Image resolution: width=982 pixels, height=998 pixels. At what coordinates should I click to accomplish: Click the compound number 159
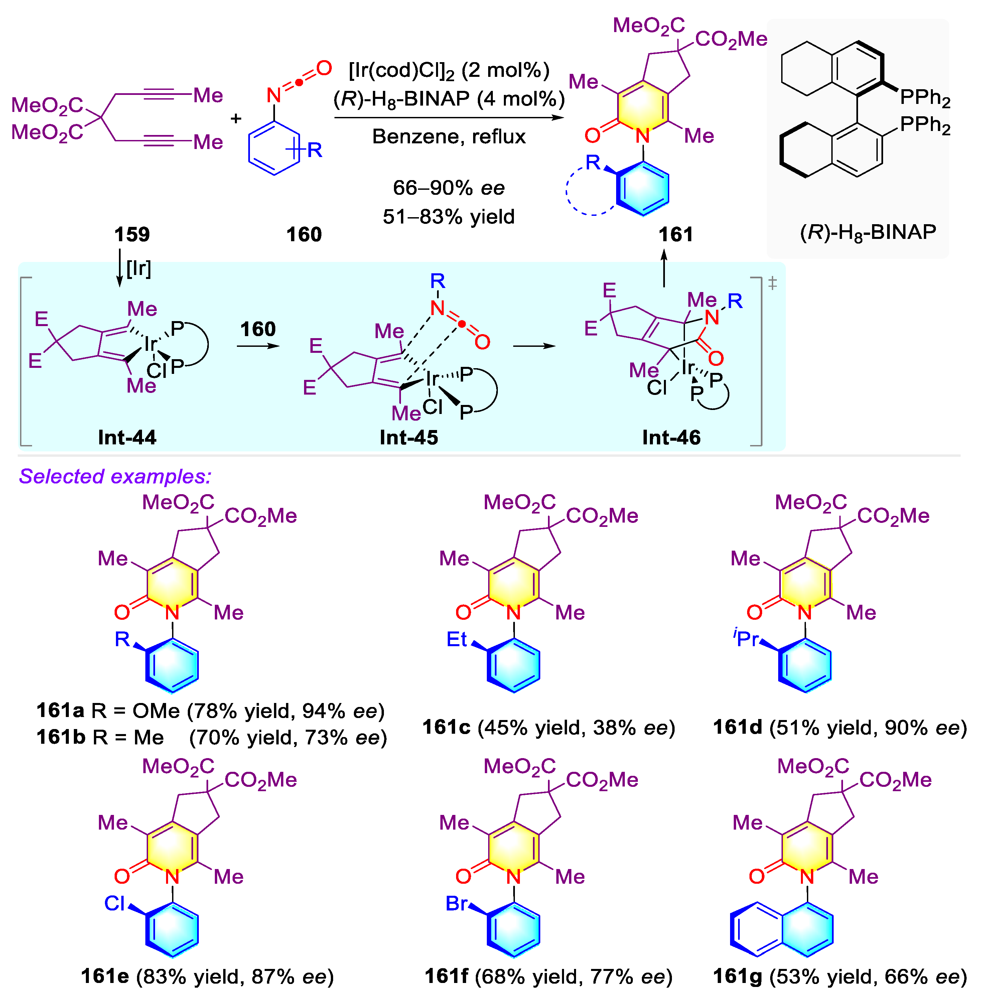coord(132,235)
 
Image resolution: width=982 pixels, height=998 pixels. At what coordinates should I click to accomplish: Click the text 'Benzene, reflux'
coord(449,137)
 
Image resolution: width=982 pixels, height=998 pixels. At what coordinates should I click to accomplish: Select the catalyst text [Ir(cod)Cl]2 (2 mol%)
coord(449,70)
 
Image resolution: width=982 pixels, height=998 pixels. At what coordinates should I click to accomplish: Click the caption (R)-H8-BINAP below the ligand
coord(868,233)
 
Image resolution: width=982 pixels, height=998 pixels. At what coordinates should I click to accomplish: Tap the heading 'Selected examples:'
coord(115,476)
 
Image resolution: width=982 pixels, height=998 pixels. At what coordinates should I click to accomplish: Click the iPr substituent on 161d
coord(746,638)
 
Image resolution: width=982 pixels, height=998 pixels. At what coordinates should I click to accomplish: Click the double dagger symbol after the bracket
coord(772,283)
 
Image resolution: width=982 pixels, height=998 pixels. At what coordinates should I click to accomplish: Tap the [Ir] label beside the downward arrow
coord(139,268)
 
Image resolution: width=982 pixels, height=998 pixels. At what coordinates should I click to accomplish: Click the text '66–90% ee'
coord(449,188)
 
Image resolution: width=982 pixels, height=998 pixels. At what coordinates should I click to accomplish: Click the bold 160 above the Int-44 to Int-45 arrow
coord(258,329)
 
